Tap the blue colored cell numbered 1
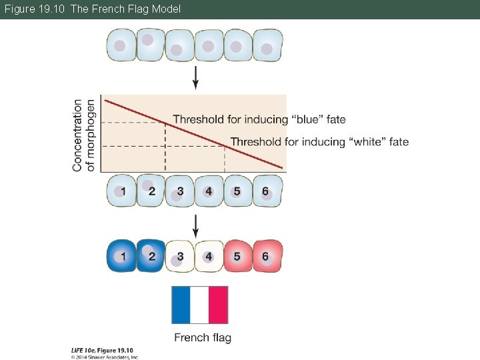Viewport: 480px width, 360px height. click(x=122, y=256)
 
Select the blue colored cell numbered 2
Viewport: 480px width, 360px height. click(x=151, y=256)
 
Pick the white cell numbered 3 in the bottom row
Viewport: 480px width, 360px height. click(x=180, y=256)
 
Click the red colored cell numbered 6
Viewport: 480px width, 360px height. click(x=267, y=256)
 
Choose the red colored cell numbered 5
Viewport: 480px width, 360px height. click(x=237, y=256)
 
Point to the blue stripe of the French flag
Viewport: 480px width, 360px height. click(x=181, y=305)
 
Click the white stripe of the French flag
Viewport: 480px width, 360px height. click(x=199, y=305)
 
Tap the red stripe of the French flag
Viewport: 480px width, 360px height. click(x=218, y=305)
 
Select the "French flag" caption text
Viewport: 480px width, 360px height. click(x=203, y=337)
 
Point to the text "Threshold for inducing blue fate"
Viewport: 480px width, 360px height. click(x=259, y=120)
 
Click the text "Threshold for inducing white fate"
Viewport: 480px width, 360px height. click(x=319, y=141)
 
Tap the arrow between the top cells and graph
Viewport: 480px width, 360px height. click(x=195, y=77)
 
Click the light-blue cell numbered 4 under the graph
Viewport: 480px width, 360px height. click(x=209, y=191)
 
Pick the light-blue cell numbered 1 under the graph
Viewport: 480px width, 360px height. click(x=122, y=191)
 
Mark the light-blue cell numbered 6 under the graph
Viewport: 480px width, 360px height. click(x=267, y=191)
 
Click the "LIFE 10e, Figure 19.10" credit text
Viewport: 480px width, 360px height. click(x=102, y=350)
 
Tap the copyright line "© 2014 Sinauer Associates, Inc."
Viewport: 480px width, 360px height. click(x=105, y=357)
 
